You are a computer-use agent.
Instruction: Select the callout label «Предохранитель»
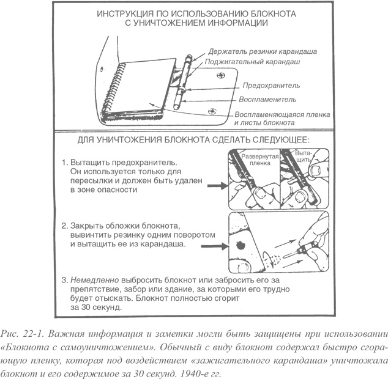click(269, 86)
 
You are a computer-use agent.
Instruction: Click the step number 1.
click(64, 163)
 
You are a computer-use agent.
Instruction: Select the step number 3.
click(64, 279)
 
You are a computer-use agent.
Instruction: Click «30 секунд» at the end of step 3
click(99, 308)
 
